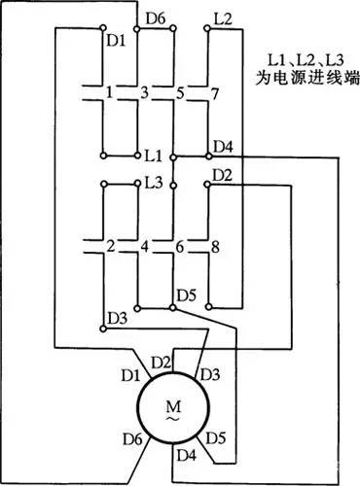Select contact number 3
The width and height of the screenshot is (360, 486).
[x=146, y=93]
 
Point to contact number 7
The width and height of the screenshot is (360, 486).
[x=216, y=93]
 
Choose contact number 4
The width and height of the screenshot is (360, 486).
[x=146, y=246]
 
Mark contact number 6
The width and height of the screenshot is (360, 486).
[x=181, y=246]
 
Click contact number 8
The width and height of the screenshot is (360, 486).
[x=216, y=246]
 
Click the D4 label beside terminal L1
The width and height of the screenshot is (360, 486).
[x=223, y=147]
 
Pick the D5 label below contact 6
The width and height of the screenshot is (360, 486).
[x=186, y=295]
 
